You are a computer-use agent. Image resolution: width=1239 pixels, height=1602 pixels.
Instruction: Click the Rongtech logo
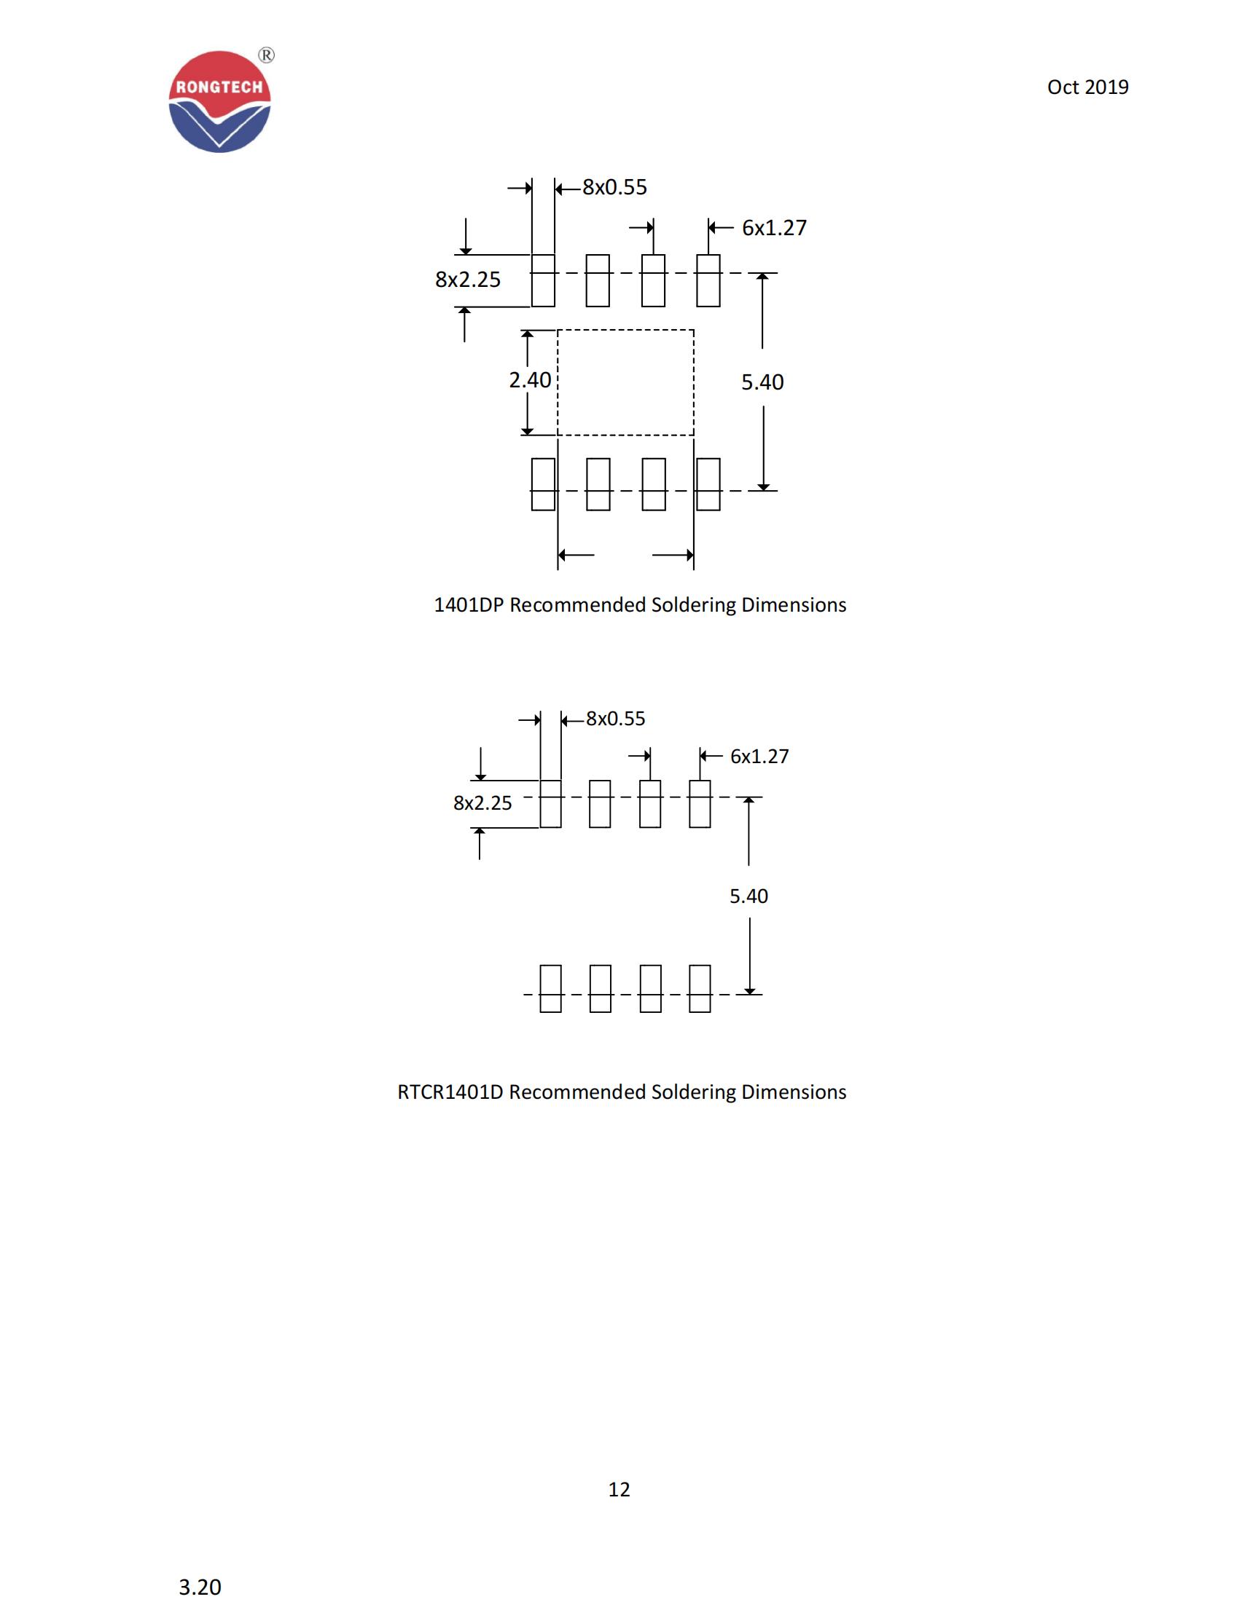(219, 102)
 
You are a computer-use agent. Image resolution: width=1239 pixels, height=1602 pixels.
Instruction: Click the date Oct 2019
(1087, 87)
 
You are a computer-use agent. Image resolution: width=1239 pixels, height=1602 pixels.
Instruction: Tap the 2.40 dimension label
(529, 380)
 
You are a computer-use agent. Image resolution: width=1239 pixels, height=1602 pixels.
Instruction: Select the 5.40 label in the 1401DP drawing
(762, 382)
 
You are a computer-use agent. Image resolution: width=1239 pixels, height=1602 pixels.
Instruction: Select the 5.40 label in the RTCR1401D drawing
(748, 896)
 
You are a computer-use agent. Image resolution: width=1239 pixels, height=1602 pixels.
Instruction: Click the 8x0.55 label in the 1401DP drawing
(614, 188)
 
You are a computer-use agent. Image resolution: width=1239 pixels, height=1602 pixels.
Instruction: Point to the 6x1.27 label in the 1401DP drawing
(773, 228)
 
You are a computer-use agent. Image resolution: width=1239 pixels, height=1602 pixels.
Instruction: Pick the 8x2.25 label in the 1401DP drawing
(468, 280)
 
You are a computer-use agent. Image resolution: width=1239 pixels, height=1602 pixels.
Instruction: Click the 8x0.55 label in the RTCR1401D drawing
(615, 719)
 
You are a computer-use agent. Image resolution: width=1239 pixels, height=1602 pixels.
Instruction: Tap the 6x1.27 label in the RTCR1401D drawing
(759, 757)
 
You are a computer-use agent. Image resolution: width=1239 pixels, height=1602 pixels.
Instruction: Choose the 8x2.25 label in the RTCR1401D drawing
(482, 803)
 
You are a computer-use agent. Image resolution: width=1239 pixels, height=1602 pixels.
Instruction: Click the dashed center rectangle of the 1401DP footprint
(625, 382)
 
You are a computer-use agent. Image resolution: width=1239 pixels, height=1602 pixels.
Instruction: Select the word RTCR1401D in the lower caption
(450, 1092)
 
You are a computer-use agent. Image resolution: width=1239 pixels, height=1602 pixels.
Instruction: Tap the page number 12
(619, 1489)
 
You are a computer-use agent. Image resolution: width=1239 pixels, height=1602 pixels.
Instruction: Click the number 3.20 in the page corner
(200, 1587)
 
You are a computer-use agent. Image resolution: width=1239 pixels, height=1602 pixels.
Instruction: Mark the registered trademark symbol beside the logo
(267, 56)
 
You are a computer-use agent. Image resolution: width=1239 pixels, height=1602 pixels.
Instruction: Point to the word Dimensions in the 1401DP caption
(794, 605)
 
